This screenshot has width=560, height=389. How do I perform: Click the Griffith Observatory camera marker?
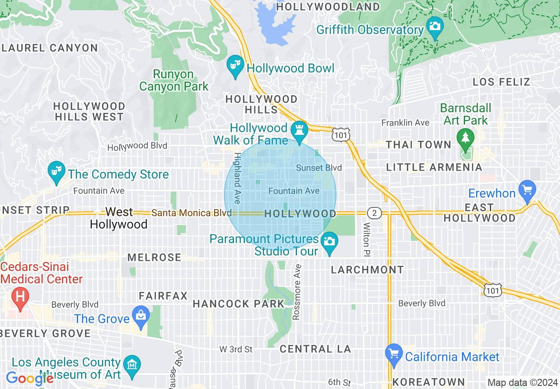(435, 26)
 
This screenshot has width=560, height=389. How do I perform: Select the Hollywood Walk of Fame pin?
(299, 130)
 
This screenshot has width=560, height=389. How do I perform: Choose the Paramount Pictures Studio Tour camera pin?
(329, 241)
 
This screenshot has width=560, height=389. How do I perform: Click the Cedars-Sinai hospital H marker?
(20, 296)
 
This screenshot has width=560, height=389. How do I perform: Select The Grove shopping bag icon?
(141, 315)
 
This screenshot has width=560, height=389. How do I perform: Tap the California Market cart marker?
(394, 354)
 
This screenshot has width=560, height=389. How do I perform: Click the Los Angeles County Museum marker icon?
(132, 365)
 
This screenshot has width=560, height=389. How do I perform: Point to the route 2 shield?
(375, 213)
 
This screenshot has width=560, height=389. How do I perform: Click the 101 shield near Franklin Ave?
(342, 135)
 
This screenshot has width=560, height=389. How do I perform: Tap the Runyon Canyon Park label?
(174, 80)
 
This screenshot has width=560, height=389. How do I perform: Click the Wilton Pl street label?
(367, 239)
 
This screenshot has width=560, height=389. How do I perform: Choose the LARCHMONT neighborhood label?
(367, 270)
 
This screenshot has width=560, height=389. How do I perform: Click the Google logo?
(29, 378)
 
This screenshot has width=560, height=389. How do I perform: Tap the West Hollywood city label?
(119, 218)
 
